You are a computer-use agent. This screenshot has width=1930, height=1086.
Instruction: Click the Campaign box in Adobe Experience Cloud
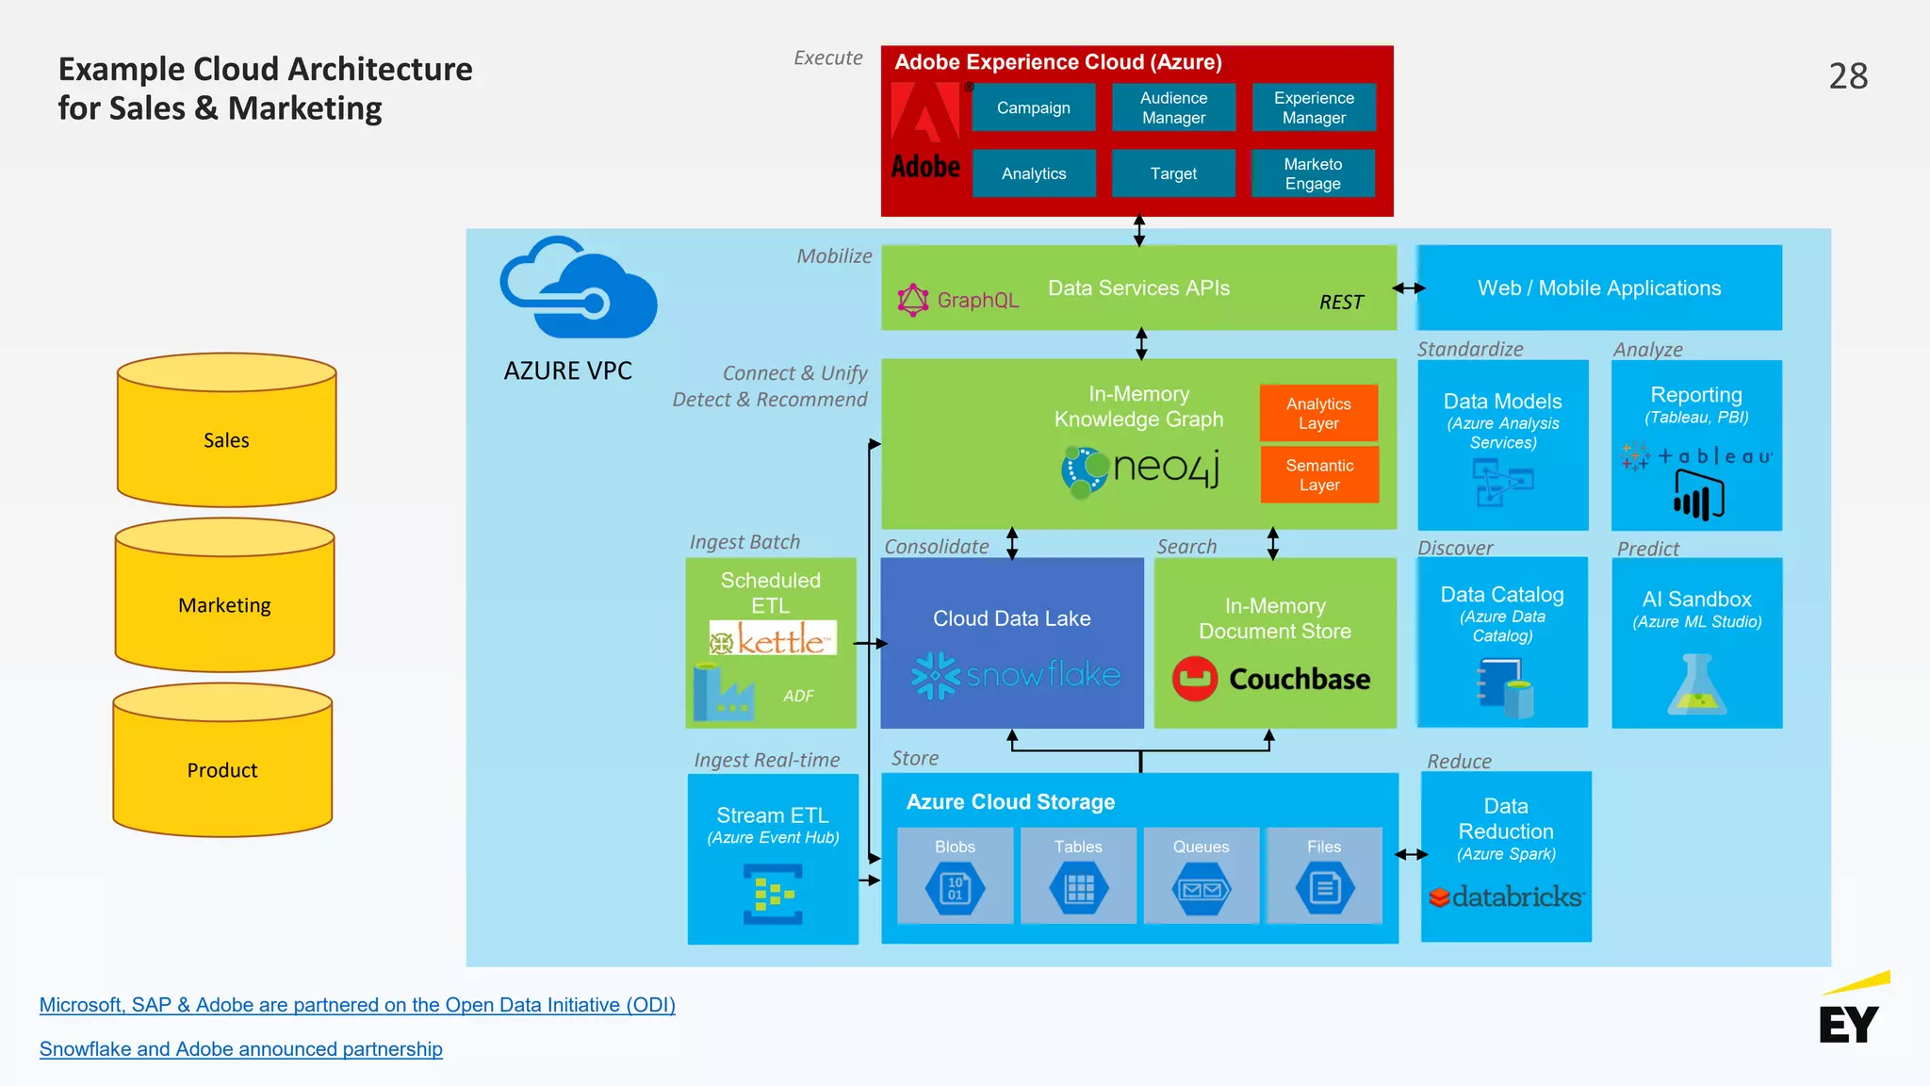1034,107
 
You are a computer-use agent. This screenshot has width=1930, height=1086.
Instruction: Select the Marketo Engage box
1313,173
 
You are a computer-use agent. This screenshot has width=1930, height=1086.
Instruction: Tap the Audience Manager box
1173,107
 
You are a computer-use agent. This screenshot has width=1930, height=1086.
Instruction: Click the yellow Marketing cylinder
224,605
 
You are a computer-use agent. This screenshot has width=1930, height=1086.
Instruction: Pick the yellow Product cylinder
222,770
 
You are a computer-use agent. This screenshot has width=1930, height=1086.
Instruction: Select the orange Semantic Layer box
1319,475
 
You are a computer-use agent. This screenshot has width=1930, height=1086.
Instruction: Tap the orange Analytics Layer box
1318,413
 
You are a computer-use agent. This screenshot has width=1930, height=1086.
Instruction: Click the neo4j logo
1141,469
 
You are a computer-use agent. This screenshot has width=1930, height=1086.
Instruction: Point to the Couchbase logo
1271,679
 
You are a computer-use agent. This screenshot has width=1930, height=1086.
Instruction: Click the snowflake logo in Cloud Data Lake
1015,675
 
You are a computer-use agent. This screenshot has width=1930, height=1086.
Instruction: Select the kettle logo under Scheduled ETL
773,639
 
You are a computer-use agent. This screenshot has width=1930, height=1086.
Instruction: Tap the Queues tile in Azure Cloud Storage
1201,875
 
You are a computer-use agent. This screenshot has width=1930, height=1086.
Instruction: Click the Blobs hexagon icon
955,888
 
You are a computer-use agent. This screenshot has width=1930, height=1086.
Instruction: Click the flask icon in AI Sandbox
1696,685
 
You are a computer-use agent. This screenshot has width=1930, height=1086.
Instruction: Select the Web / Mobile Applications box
1599,288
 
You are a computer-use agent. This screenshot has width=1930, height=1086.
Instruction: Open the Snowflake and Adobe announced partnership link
240,1049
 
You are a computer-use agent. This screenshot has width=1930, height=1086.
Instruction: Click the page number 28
1848,76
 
